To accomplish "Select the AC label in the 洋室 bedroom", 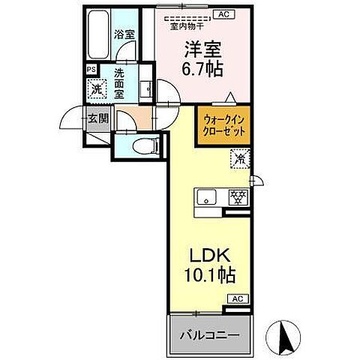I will coord(223,13).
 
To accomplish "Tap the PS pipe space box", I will coord(91,70).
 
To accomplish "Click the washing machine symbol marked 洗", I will coord(96,88).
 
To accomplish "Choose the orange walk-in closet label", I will coord(223,121).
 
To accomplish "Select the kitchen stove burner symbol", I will coord(237,196).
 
